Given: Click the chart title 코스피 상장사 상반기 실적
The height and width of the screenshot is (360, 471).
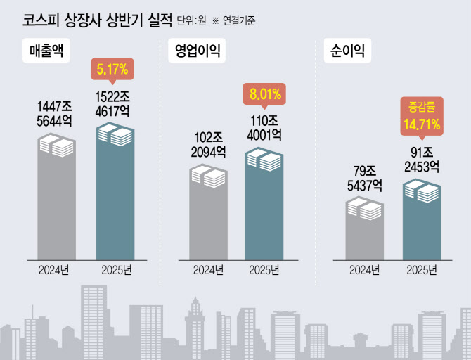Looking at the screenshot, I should pyautogui.click(x=87, y=19).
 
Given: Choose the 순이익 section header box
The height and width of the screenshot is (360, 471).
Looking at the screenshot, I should pyautogui.click(x=347, y=51).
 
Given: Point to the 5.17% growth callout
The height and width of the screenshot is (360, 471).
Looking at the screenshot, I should pyautogui.click(x=113, y=70).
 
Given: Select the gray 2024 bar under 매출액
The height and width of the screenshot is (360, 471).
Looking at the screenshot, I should pyautogui.click(x=56, y=200).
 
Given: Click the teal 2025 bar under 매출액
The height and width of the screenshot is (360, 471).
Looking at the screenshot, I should pyautogui.click(x=115, y=193).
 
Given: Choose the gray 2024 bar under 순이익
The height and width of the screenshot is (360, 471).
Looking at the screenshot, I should pyautogui.click(x=364, y=232).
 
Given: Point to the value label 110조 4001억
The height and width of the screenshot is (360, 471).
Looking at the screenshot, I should pyautogui.click(x=265, y=127).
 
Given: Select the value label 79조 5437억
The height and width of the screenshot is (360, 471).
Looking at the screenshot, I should pyautogui.click(x=364, y=179).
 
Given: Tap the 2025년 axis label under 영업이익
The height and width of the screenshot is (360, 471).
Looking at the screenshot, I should pyautogui.click(x=265, y=269).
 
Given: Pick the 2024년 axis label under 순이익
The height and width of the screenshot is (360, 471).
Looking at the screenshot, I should pyautogui.click(x=364, y=269).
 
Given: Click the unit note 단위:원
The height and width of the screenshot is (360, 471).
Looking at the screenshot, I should pyautogui.click(x=191, y=21).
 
